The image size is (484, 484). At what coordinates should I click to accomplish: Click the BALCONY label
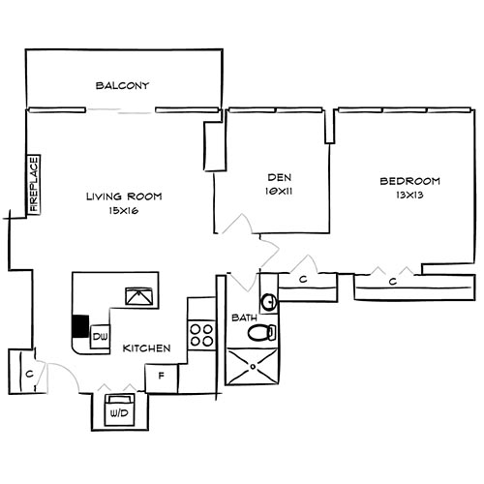[x=122, y=86]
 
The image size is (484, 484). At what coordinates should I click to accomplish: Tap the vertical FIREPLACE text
[x=33, y=184]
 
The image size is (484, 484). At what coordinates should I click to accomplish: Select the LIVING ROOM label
[x=124, y=197]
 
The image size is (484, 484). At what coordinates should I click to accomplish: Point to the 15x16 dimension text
[x=124, y=210]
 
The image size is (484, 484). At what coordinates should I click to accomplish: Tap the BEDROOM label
[x=409, y=181]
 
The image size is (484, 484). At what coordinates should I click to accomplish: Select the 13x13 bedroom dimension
[x=409, y=195]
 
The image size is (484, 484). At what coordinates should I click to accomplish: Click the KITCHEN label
[x=148, y=348]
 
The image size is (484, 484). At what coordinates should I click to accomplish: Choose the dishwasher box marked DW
[x=99, y=337]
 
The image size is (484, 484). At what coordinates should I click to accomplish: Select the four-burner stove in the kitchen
[x=200, y=334]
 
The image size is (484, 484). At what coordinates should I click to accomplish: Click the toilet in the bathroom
[x=259, y=333]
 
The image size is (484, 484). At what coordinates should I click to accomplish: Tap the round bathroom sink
[x=270, y=301]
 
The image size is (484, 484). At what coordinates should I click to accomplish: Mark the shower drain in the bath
[x=253, y=367]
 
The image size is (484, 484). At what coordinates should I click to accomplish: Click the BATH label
[x=243, y=317]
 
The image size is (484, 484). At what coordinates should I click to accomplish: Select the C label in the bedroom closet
[x=392, y=282]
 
